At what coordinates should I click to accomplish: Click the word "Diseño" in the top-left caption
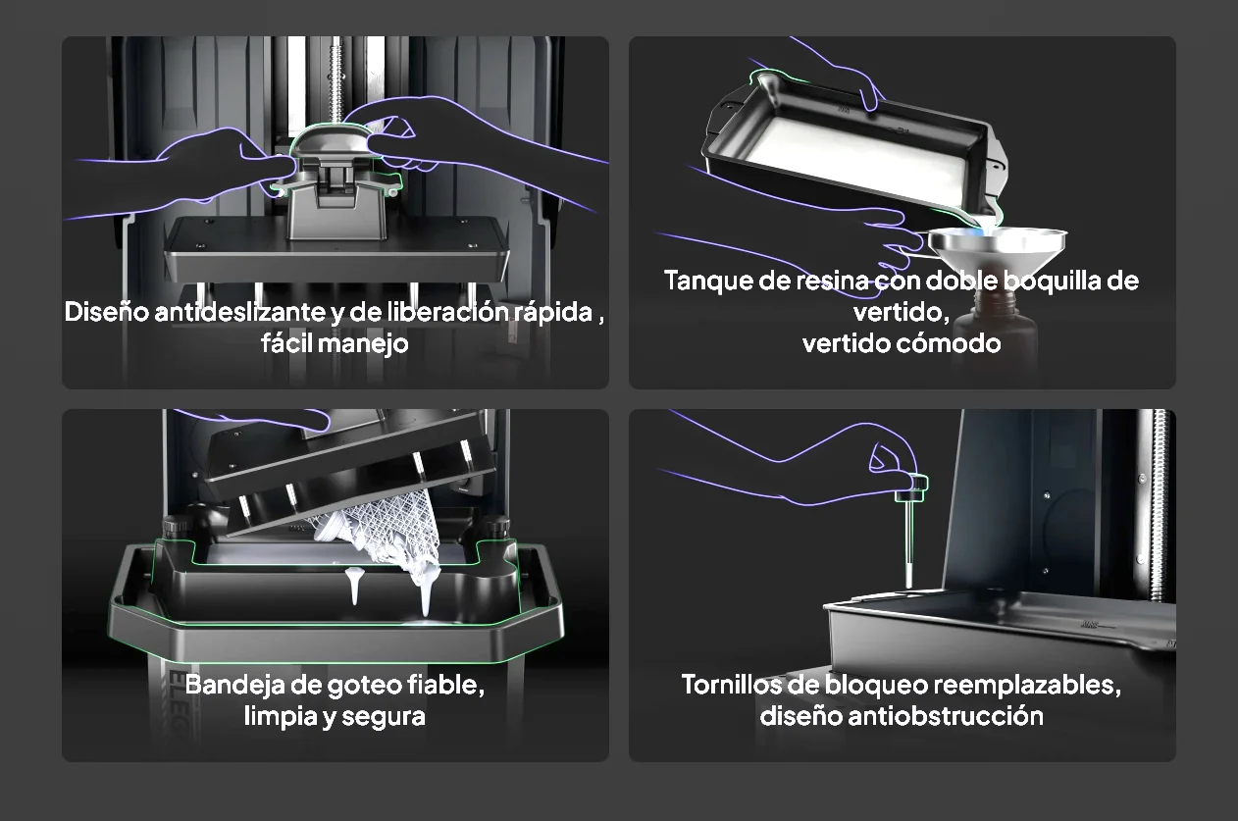pyautogui.click(x=107, y=312)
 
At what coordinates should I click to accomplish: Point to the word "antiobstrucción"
pyautogui.click(x=946, y=717)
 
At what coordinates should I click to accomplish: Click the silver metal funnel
pyautogui.click(x=998, y=248)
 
